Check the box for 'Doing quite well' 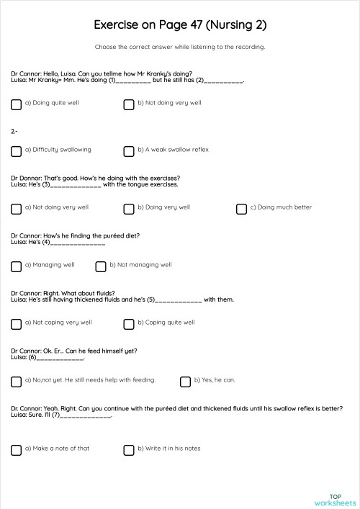click(17, 104)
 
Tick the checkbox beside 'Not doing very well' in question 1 click(129, 104)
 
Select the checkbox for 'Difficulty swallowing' click(17, 150)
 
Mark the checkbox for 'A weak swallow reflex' click(129, 150)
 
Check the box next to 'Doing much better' click(242, 208)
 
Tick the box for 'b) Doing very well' click(129, 208)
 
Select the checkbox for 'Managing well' click(17, 266)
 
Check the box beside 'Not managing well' click(101, 266)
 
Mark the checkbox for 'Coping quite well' click(129, 323)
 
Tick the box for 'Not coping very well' click(17, 323)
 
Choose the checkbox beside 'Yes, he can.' click(186, 381)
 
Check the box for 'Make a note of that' click(17, 449)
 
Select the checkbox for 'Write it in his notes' click(129, 449)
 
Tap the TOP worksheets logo click(335, 500)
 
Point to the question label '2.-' click(14, 132)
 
